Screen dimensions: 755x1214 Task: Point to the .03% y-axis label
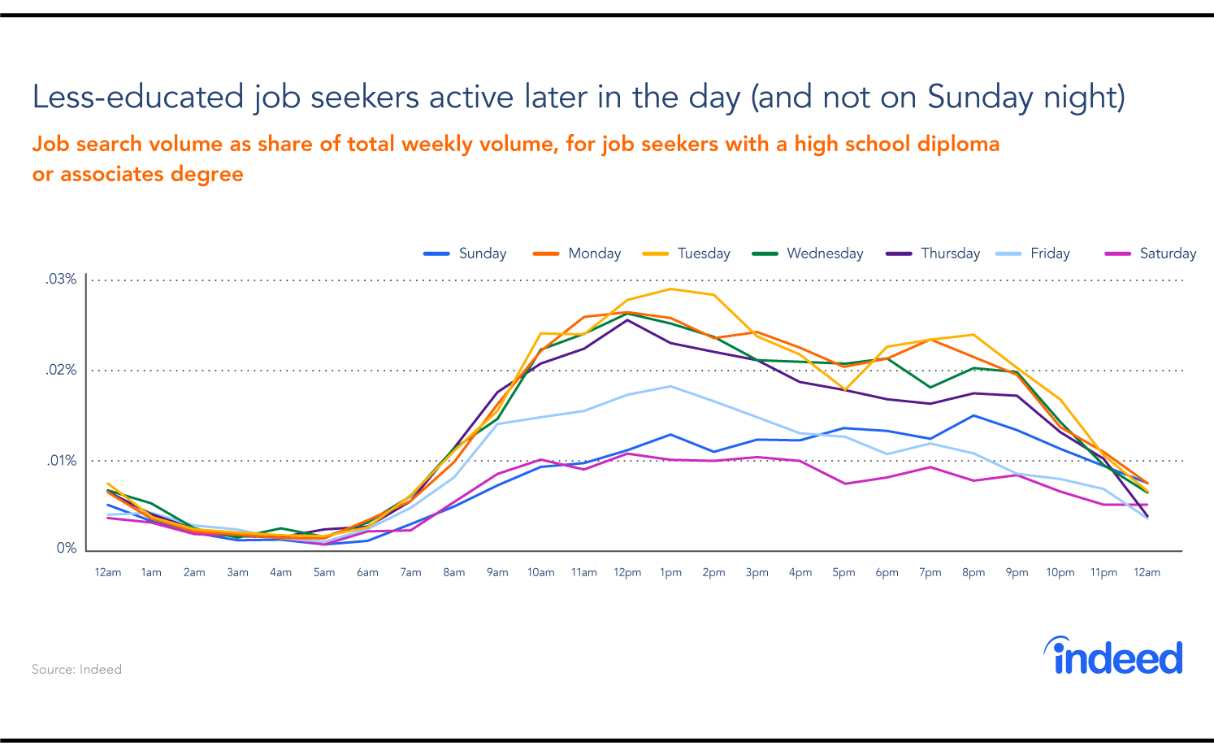(x=61, y=280)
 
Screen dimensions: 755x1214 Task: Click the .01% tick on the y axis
(x=61, y=461)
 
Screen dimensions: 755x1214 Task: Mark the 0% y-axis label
(x=67, y=549)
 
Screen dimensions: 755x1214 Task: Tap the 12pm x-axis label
(x=627, y=573)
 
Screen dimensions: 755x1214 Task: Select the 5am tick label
(x=324, y=573)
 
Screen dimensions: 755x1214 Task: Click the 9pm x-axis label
(x=1017, y=573)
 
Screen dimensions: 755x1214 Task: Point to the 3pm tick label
(x=757, y=573)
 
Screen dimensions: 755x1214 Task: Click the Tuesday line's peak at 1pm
(x=670, y=289)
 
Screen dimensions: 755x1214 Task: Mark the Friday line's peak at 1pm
(x=670, y=386)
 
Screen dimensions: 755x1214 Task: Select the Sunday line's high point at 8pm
(x=973, y=415)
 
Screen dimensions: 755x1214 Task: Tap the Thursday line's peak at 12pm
(x=627, y=319)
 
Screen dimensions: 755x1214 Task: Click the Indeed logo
(x=1113, y=657)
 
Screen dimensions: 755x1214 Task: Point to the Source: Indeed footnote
(x=76, y=670)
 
